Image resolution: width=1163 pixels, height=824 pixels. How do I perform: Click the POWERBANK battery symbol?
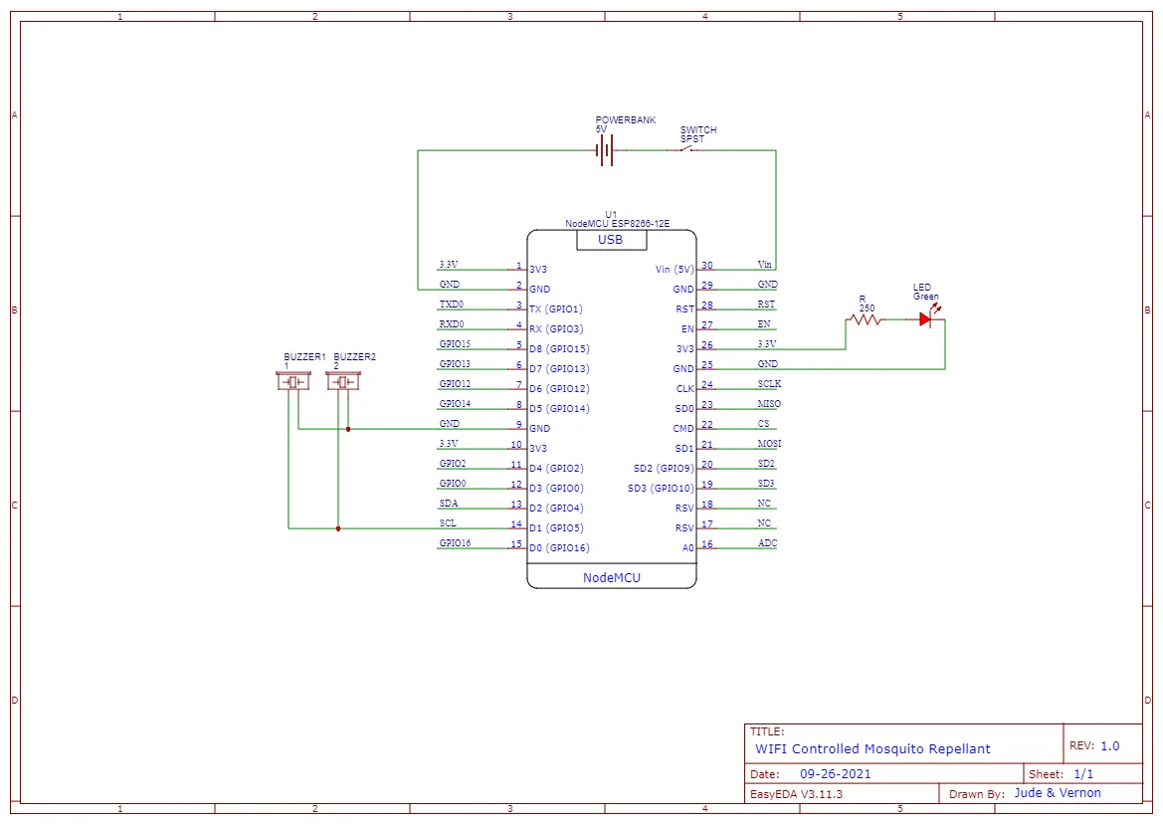pos(606,150)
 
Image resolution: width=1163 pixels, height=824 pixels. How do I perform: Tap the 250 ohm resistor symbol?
pos(865,319)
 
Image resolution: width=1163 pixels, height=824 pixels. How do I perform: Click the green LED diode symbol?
pos(925,318)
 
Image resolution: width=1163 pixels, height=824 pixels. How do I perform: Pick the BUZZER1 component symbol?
pos(292,382)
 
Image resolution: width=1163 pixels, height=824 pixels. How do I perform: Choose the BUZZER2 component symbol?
pos(342,382)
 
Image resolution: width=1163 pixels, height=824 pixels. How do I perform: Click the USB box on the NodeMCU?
pos(611,240)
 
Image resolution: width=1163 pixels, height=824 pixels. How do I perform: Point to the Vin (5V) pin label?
pos(675,270)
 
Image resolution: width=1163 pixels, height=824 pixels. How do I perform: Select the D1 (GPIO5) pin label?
pos(556,528)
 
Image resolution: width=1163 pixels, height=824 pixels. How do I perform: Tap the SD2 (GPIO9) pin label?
pos(664,468)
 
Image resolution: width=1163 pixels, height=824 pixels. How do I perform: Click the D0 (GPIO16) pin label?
pos(559,548)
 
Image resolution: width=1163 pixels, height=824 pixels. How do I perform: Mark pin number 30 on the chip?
pos(706,265)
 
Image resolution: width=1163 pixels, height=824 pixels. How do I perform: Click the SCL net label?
pos(448,522)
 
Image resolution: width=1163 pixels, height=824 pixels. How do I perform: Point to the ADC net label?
pos(768,543)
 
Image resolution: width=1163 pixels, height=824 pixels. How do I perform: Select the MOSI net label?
pos(769,444)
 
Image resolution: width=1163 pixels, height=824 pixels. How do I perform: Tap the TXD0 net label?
pos(451,305)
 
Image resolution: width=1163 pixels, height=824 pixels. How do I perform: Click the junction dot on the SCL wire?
pos(338,528)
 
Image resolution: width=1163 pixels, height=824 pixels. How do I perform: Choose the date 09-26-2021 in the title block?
pos(835,773)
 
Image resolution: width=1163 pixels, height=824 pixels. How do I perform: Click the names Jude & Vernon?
pos(1058,793)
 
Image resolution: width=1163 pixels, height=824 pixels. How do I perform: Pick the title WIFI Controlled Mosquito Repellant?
pos(872,749)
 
